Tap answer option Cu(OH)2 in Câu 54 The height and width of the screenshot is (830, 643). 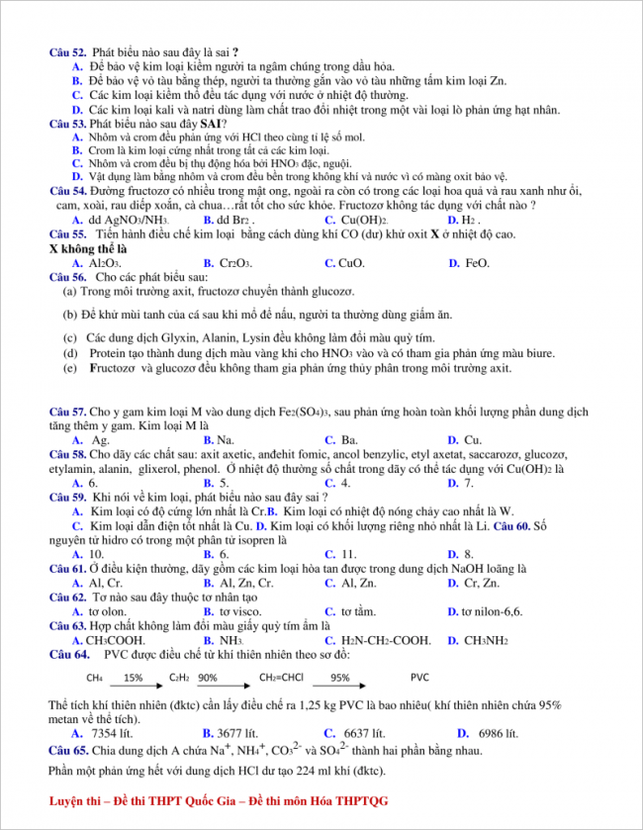363,220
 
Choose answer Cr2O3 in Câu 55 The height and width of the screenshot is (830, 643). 232,263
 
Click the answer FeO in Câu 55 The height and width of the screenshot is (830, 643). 476,263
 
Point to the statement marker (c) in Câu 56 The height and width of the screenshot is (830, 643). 70,337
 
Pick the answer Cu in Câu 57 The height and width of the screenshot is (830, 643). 472,439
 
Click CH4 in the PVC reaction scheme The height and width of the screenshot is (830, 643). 95,678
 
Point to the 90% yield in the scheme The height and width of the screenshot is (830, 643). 208,678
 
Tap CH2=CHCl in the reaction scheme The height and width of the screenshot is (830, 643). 282,678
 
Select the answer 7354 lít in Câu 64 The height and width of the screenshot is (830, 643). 110,733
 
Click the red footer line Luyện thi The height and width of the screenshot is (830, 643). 219,799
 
